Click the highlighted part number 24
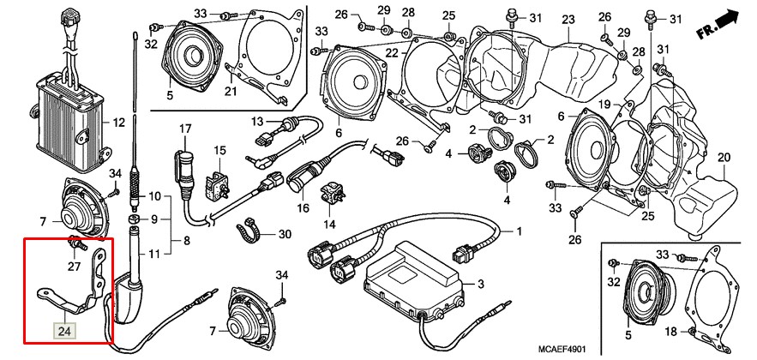(x=64, y=327)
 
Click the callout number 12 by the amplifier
(x=118, y=123)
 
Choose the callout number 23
(x=568, y=20)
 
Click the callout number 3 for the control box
(x=480, y=285)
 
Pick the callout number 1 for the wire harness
(x=517, y=231)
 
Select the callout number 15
(x=219, y=150)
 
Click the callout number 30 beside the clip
(x=284, y=234)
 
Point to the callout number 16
(x=303, y=208)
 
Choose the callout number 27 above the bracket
(x=73, y=266)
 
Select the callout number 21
(x=231, y=92)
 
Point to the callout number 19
(x=603, y=105)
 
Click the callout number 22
(x=392, y=54)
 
